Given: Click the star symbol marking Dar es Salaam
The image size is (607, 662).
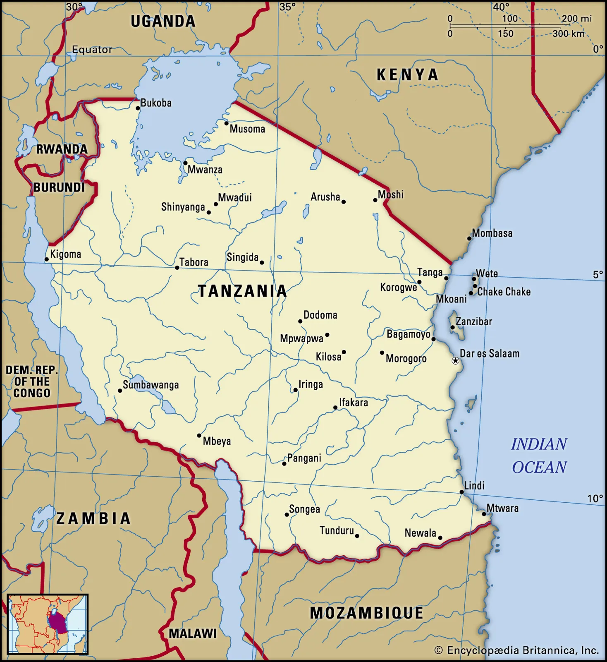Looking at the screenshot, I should [x=455, y=361].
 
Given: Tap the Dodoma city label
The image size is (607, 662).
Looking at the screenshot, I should [x=320, y=315].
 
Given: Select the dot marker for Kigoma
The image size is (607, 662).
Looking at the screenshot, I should [x=47, y=259].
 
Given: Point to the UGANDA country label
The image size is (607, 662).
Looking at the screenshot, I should [x=163, y=22].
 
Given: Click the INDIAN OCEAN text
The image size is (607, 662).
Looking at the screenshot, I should [x=539, y=456].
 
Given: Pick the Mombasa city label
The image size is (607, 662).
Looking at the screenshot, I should [x=492, y=233].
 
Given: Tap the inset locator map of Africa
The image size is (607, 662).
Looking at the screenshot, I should [x=48, y=624].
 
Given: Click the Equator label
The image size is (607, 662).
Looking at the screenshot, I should [x=92, y=50].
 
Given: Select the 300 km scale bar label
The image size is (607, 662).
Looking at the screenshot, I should [x=569, y=34].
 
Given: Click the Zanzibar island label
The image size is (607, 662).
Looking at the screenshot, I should [x=474, y=321].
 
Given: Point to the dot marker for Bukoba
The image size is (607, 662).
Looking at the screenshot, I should [x=138, y=108].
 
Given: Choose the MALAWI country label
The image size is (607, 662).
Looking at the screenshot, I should [x=193, y=633].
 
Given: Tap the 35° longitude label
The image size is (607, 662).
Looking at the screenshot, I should [x=287, y=7].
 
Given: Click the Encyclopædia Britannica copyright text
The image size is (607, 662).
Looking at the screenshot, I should [x=517, y=650].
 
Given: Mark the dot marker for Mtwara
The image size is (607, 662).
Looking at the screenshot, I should [x=484, y=514].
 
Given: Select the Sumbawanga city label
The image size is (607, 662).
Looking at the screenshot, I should [x=151, y=385].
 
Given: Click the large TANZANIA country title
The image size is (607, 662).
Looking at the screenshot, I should [x=242, y=291].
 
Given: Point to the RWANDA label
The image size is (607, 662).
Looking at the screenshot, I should [x=62, y=149].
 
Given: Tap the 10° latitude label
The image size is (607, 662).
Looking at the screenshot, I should [x=595, y=499].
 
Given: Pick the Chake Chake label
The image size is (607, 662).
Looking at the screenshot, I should [x=504, y=292].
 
